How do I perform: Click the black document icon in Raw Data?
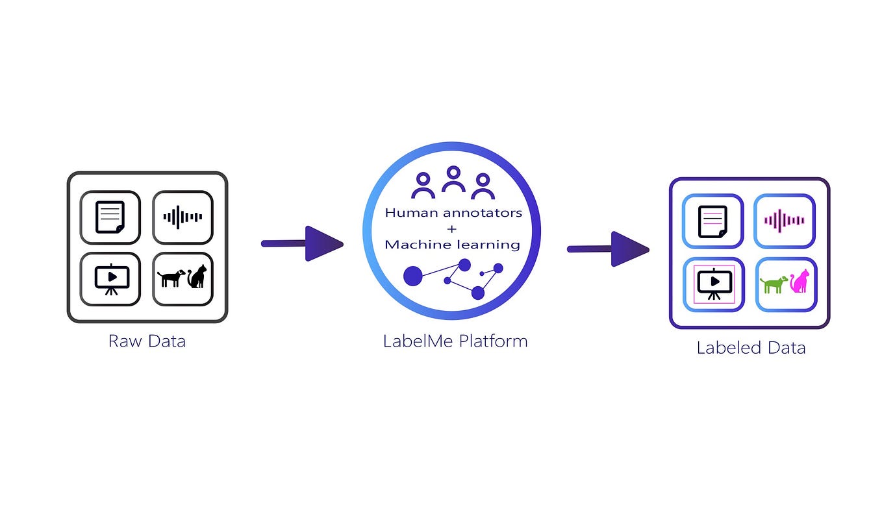pyautogui.click(x=110, y=217)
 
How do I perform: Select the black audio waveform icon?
pyautogui.click(x=183, y=217)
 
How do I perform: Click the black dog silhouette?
pyautogui.click(x=171, y=278)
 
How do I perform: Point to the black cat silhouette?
pyautogui.click(x=197, y=277)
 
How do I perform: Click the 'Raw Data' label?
pyautogui.click(x=147, y=341)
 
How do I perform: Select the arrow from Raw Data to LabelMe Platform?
pyautogui.click(x=302, y=243)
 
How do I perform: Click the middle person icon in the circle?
pyautogui.click(x=453, y=179)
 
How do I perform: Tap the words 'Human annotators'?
pyautogui.click(x=453, y=212)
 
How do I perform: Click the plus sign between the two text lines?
pyautogui.click(x=453, y=228)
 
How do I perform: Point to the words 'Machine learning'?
pyautogui.click(x=453, y=245)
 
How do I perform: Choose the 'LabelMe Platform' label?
pyautogui.click(x=455, y=341)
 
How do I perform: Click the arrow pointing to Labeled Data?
pyautogui.click(x=609, y=249)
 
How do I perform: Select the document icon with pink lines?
pyautogui.click(x=712, y=221)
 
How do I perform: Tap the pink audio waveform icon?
pyautogui.click(x=784, y=221)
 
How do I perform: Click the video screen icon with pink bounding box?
pyautogui.click(x=714, y=284)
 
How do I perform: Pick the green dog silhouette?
pyautogui.click(x=774, y=284)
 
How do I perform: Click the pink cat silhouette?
pyautogui.click(x=800, y=281)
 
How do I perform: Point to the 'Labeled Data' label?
pyautogui.click(x=751, y=348)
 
